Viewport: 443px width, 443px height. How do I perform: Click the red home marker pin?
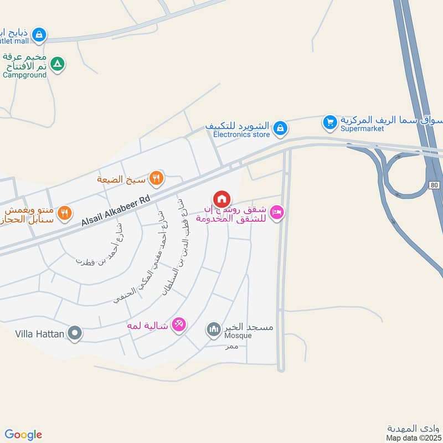coord(221,199)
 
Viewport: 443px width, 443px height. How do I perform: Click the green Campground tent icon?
coord(56,64)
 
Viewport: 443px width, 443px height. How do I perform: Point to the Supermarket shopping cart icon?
coord(330,121)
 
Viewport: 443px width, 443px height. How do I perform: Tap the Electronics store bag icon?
coord(281,128)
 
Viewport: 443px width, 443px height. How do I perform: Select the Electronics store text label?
coord(241,135)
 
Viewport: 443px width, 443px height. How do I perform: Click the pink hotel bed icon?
coord(277,213)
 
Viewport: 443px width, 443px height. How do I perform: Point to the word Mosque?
coord(238,336)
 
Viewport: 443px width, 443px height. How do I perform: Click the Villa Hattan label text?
coord(39,334)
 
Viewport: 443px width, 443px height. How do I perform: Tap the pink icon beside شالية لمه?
coord(178,324)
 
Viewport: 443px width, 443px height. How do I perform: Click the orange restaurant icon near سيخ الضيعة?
coord(157,178)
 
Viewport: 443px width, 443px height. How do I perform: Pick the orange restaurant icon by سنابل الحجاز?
coord(65,213)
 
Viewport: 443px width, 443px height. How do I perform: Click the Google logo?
coord(23,435)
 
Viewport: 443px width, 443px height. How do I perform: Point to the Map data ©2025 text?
coord(413,438)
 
